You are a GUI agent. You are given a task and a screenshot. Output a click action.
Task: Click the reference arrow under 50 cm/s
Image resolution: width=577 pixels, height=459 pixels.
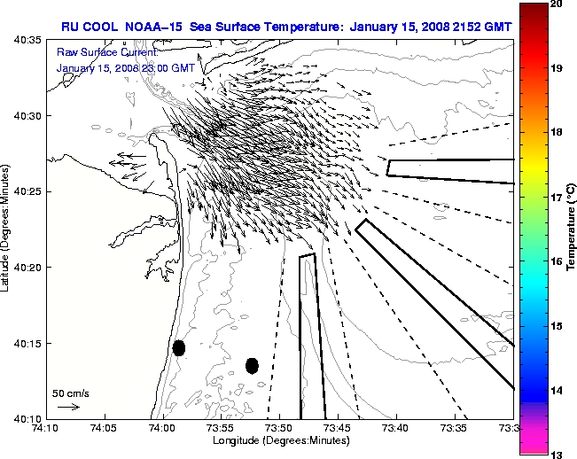68,407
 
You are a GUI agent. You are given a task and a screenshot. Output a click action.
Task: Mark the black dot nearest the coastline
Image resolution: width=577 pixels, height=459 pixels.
179,347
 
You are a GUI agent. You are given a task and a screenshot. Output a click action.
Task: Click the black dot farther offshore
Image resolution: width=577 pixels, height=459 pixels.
252,365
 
